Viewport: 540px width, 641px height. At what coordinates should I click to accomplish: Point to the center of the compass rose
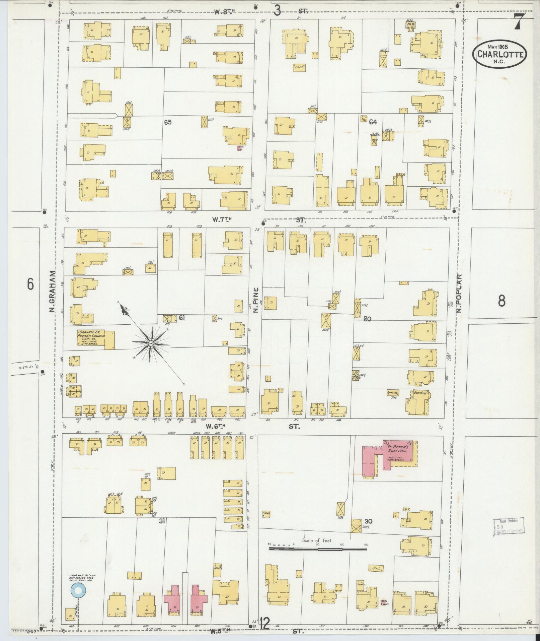151,343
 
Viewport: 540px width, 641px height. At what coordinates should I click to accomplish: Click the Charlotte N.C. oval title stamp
500,54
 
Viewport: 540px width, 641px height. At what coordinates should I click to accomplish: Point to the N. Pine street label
256,300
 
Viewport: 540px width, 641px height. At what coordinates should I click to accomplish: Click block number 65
168,122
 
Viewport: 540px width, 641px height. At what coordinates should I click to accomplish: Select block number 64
373,122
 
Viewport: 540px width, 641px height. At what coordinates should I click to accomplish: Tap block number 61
182,318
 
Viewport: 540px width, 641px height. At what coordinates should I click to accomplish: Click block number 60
367,319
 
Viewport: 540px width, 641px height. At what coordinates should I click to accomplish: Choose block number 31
162,521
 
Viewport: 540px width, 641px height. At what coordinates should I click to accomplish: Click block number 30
369,522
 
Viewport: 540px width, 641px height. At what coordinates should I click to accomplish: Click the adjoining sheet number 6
30,285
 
